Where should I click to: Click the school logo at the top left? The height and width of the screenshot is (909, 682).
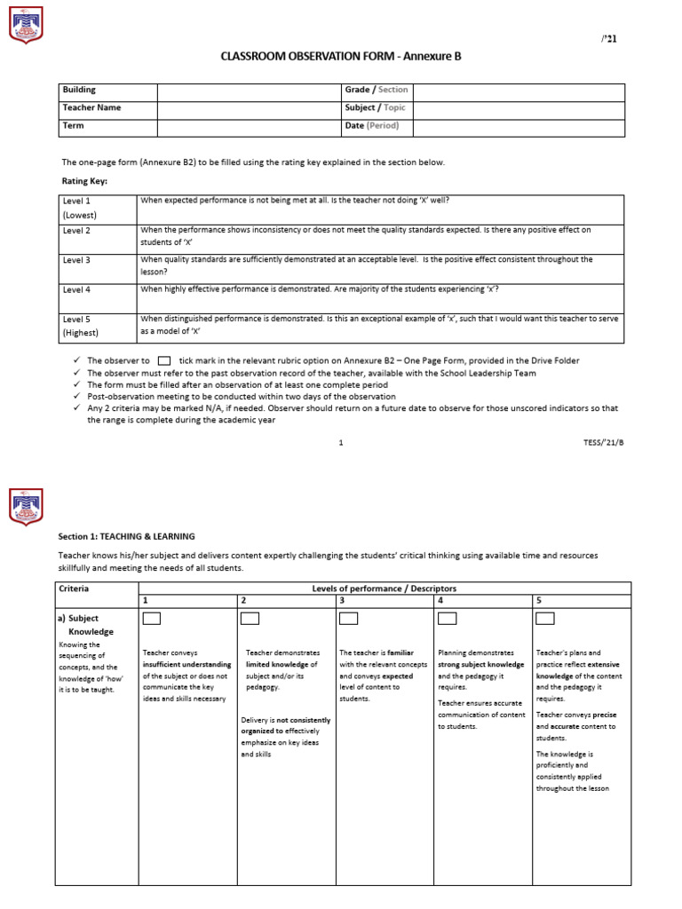click(25, 24)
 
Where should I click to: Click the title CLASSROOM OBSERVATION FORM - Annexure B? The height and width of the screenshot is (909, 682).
click(341, 56)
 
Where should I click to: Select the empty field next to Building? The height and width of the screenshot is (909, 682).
click(249, 91)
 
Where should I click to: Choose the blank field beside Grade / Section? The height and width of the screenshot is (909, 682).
click(519, 91)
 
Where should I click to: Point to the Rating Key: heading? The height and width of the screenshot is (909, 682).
click(84, 181)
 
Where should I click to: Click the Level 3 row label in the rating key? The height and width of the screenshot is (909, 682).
click(76, 260)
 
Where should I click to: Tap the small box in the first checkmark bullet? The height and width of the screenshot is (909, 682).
click(163, 361)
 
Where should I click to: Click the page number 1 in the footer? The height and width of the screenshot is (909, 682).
click(341, 441)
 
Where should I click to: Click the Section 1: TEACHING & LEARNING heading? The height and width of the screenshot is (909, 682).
click(126, 536)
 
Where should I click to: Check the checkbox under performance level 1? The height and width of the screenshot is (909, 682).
click(152, 618)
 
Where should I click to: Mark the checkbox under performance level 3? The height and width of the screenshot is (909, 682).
click(348, 618)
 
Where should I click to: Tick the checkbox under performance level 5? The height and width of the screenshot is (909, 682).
click(545, 618)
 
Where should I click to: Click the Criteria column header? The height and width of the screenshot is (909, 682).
click(74, 589)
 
